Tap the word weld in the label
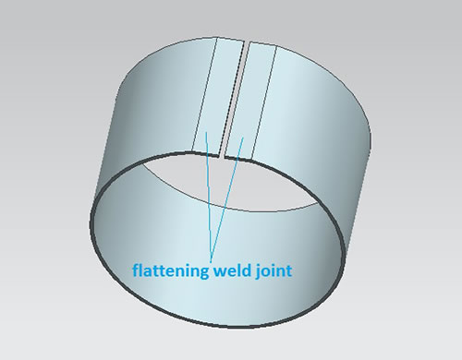click(x=233, y=270)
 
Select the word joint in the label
click(x=274, y=270)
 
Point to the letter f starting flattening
click(x=137, y=270)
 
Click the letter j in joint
click(x=259, y=271)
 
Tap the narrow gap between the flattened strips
click(x=234, y=99)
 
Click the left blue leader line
click(x=209, y=197)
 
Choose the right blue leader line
click(x=227, y=199)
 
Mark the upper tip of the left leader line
click(x=206, y=133)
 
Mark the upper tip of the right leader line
click(x=243, y=138)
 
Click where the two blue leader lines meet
click(x=212, y=261)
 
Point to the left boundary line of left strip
click(x=205, y=94)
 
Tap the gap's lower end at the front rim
click(x=222, y=156)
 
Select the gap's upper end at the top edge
click(x=247, y=42)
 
